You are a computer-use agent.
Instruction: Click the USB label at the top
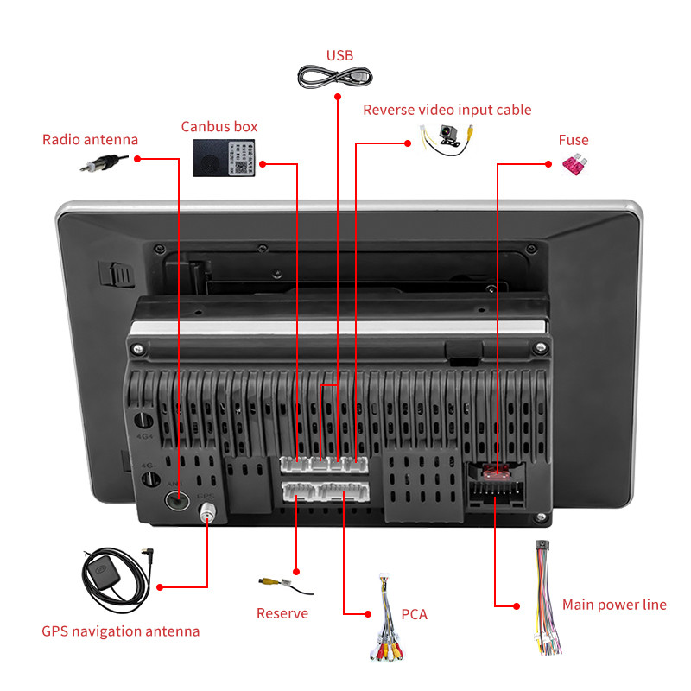[339, 56]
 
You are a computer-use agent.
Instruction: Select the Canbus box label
[219, 126]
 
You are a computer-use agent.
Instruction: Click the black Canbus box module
[224, 157]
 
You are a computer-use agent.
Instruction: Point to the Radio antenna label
[90, 140]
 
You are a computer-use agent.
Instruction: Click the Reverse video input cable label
[447, 110]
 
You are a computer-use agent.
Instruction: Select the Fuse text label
[574, 140]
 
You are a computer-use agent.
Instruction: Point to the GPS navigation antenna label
[121, 631]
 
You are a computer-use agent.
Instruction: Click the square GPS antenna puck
[102, 572]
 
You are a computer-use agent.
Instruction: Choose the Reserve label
[282, 614]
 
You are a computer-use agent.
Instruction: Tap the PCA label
[415, 615]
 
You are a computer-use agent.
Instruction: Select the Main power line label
[614, 605]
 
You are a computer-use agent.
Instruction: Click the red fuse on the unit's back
[496, 472]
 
